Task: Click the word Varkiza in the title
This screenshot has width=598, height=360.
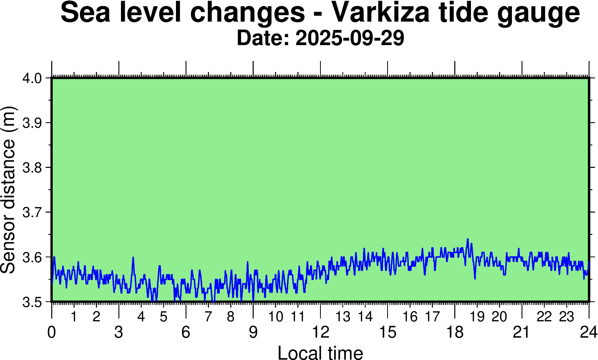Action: point(381,13)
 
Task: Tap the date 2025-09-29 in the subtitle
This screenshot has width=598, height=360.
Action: point(350,38)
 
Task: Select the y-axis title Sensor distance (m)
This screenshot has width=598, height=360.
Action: point(8,189)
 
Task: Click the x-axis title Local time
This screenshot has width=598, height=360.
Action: point(320,352)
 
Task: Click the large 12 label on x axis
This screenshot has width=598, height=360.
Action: point(320,332)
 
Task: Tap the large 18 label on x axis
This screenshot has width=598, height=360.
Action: point(455,332)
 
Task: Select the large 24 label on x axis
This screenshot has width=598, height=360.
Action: point(589,332)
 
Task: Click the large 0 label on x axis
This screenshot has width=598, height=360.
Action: point(52,332)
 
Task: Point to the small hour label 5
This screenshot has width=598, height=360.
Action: point(163,317)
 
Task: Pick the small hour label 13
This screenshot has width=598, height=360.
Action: point(343,317)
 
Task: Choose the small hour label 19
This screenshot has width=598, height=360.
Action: point(477,317)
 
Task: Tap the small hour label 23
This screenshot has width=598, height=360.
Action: point(567,317)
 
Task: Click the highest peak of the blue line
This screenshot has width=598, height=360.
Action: point(468,239)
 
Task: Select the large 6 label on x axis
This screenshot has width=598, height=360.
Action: point(186,332)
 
